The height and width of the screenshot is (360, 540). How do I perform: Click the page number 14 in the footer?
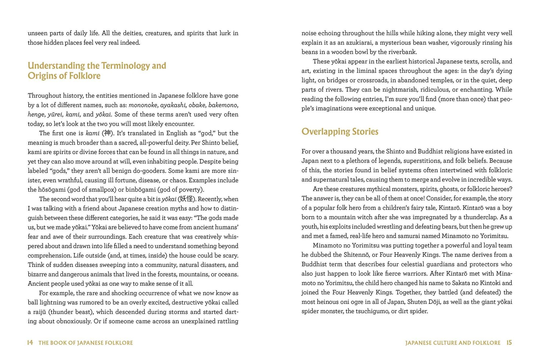click(x=30, y=343)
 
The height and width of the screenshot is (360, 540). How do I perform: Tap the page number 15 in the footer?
click(x=509, y=343)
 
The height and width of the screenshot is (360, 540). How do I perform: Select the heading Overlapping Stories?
click(x=340, y=132)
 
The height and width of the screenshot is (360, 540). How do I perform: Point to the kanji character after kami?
click(x=107, y=133)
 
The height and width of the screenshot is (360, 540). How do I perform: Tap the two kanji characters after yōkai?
click(x=187, y=199)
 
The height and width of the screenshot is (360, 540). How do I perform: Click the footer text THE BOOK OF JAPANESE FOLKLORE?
click(x=86, y=343)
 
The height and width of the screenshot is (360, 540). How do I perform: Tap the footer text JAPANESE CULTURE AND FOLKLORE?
click(x=453, y=343)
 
